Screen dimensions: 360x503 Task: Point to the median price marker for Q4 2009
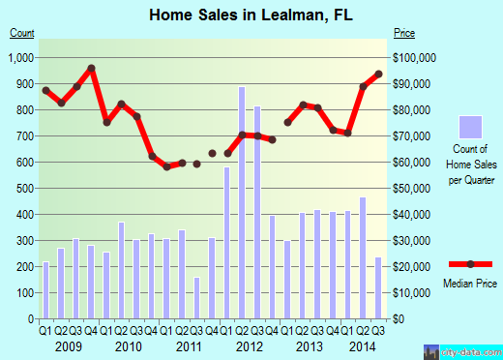(x=91, y=69)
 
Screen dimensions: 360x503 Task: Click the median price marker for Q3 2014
(x=378, y=75)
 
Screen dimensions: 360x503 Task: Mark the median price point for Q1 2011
(x=166, y=166)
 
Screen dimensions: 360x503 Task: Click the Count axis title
(x=22, y=33)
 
